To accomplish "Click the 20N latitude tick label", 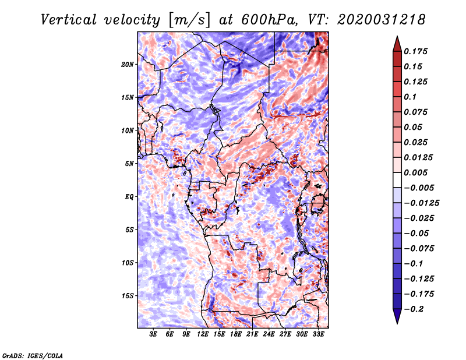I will point(128,64).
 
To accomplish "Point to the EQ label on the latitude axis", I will point(129,196).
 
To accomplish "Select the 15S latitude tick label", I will point(128,295).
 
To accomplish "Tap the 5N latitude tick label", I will point(129,163).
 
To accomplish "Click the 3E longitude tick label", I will point(154,334).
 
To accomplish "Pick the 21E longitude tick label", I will point(252,334).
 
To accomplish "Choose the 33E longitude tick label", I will point(318,334).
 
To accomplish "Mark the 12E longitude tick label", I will point(203,334).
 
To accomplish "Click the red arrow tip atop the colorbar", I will point(396,40).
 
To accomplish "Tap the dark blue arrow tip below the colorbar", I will point(396,319).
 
